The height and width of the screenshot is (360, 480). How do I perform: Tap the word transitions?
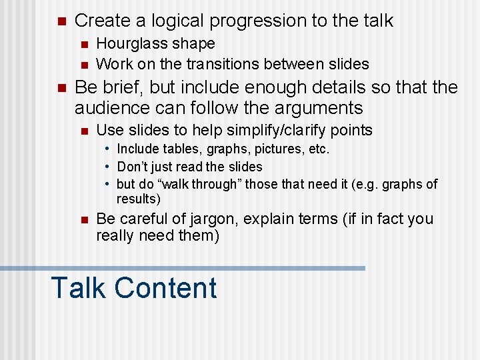click(221, 64)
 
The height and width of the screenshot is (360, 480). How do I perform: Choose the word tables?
click(177, 149)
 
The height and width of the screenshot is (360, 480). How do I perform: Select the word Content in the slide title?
click(165, 288)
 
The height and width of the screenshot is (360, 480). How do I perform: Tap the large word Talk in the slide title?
click(78, 288)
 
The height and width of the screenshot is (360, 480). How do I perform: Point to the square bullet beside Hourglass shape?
click(83, 44)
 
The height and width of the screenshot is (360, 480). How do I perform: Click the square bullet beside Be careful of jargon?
click(83, 219)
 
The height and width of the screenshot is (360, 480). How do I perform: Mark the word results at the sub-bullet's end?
click(139, 199)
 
